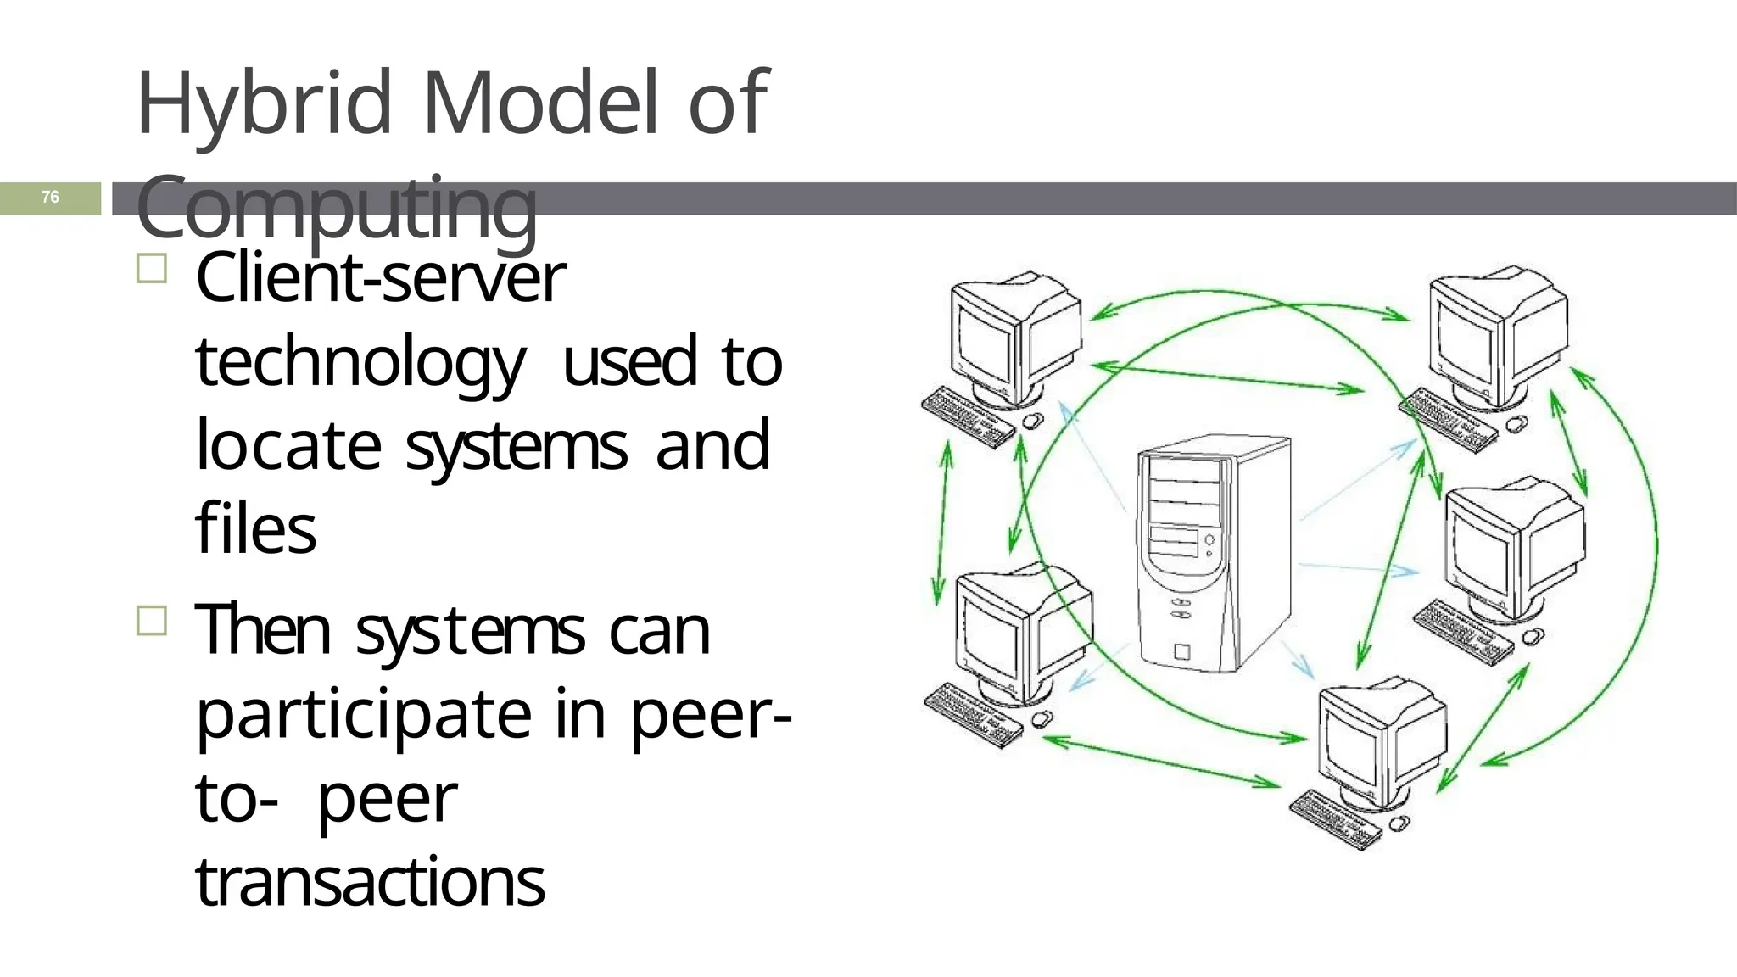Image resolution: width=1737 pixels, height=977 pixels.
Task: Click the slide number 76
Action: [50, 198]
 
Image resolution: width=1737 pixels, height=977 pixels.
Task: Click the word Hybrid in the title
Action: [262, 104]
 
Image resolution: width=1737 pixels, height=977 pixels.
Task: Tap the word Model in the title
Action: [541, 103]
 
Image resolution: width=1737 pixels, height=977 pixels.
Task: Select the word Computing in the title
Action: [337, 206]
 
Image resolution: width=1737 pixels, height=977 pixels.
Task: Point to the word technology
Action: [360, 362]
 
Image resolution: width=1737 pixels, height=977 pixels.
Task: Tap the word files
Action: [255, 528]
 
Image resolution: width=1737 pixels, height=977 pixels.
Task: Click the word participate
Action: [364, 714]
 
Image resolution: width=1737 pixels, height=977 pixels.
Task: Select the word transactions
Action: [370, 881]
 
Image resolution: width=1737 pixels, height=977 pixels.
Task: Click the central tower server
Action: [1213, 551]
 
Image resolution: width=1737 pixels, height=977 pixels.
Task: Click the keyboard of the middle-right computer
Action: [1463, 632]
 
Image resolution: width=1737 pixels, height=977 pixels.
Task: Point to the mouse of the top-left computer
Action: [1032, 421]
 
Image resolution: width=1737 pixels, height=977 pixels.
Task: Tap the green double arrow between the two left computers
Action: [942, 526]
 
